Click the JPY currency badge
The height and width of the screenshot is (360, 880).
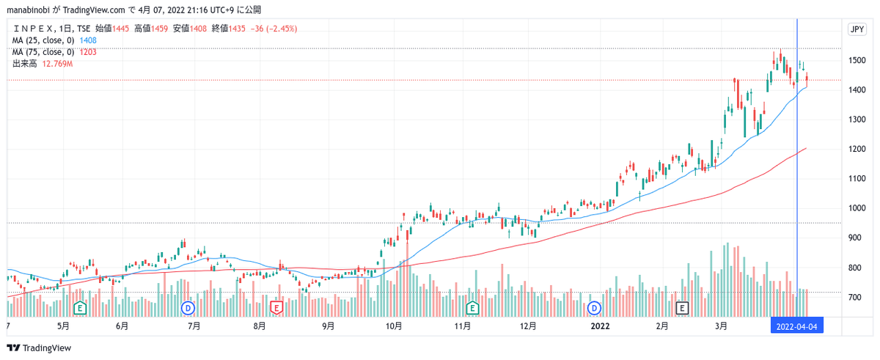click(856, 29)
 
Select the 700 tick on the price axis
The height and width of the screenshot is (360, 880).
click(856, 298)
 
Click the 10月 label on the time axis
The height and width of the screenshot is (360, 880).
click(393, 326)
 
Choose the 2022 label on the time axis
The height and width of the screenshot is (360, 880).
click(600, 326)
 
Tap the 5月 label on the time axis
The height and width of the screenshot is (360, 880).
click(62, 326)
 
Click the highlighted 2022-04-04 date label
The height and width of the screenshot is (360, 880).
click(796, 326)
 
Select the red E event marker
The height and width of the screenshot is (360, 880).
click(277, 307)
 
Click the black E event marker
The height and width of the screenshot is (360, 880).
click(683, 307)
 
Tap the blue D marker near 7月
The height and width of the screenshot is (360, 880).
click(188, 307)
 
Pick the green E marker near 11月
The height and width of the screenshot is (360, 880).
click(472, 307)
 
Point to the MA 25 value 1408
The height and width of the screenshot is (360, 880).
click(88, 40)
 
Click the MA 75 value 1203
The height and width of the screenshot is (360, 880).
click(88, 52)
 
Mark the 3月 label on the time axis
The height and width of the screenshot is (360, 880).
click(722, 326)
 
